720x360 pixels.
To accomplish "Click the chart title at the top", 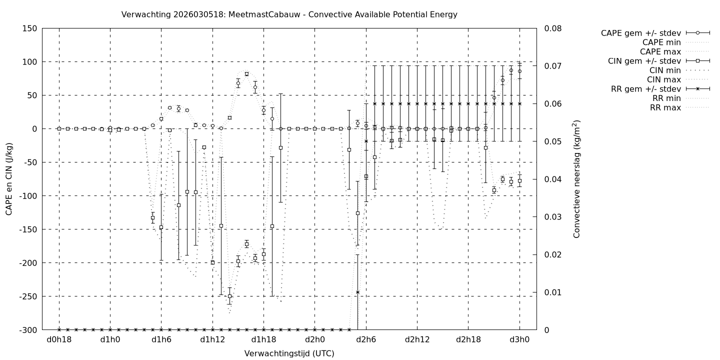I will (289, 14).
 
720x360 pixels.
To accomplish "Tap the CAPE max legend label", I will (660, 51).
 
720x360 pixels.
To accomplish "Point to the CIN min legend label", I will (664, 70).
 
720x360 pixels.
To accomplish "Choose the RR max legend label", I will (665, 107).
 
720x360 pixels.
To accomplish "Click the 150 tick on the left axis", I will (28, 28).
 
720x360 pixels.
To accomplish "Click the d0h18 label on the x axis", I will (59, 340).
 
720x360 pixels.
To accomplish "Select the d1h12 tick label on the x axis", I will (212, 340).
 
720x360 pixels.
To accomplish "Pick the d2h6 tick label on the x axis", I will (366, 340).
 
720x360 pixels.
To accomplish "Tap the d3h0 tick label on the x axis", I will (519, 340).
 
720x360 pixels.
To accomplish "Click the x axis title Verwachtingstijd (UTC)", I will (289, 353).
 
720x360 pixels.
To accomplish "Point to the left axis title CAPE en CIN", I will (9, 179).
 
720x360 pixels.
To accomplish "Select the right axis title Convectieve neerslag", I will (576, 179).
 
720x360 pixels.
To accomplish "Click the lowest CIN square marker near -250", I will (229, 296).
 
